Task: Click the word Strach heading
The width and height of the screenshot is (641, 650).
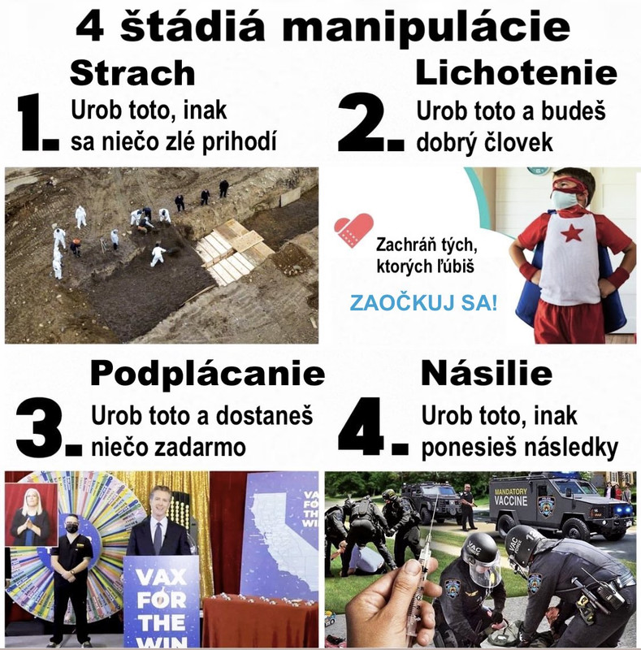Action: click(x=132, y=73)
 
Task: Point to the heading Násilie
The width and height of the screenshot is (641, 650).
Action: click(x=487, y=373)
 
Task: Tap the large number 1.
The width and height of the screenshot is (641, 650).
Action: click(x=37, y=123)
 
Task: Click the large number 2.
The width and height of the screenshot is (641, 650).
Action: click(x=370, y=123)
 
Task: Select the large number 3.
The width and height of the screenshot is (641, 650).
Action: click(x=49, y=428)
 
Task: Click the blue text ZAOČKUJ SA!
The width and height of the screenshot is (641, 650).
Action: click(x=423, y=303)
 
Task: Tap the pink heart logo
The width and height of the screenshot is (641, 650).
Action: click(x=353, y=230)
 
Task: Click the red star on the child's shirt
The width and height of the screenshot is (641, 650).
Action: click(x=572, y=233)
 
